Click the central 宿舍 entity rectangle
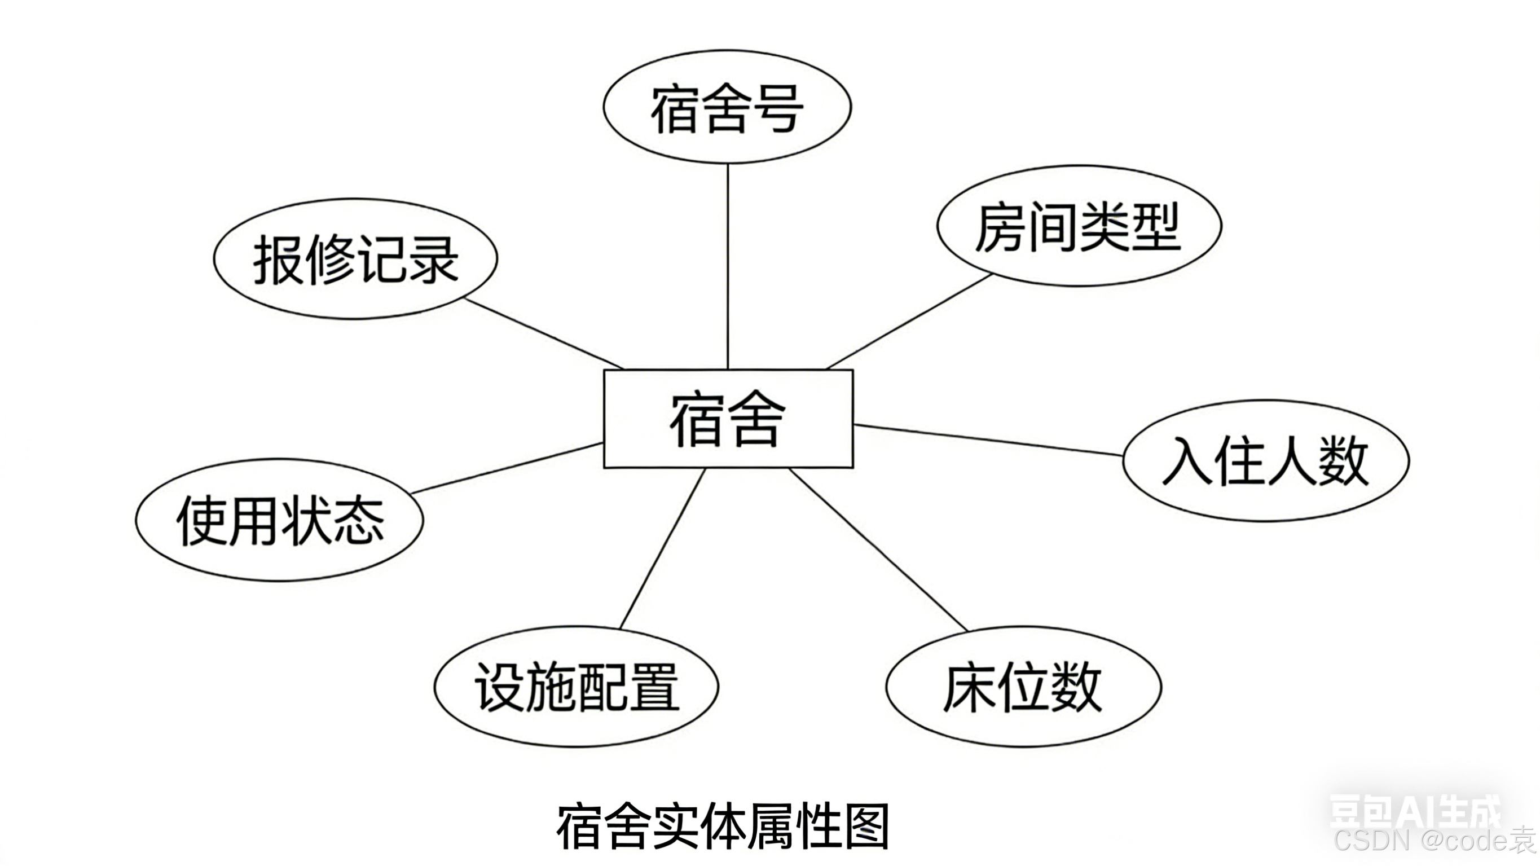click(x=728, y=419)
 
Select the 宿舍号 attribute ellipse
click(x=727, y=107)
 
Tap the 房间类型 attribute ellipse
click(x=1079, y=226)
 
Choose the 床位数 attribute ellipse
click(x=1023, y=687)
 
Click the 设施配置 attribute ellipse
click(x=576, y=687)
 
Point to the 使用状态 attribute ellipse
click(x=279, y=520)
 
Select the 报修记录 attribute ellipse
click(x=355, y=259)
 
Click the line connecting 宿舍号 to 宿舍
click(x=728, y=266)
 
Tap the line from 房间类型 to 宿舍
click(x=909, y=321)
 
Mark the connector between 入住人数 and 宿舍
click(x=988, y=440)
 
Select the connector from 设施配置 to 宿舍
click(x=663, y=549)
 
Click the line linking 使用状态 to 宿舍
click(x=507, y=468)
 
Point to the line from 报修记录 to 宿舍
click(x=544, y=334)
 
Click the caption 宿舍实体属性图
click(x=723, y=827)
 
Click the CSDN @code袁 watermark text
click(x=1435, y=840)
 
